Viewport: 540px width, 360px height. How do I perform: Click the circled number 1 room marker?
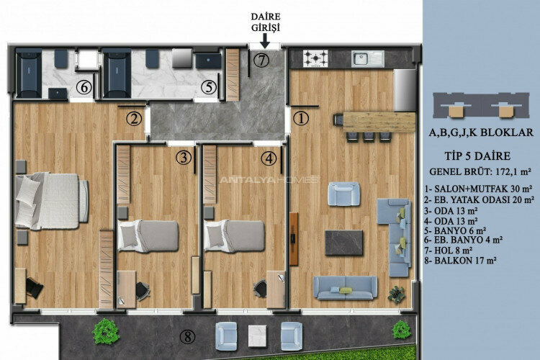pos(301,117)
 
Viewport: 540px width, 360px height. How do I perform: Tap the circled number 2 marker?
pos(132,119)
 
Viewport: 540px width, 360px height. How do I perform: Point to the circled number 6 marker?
pos(84,88)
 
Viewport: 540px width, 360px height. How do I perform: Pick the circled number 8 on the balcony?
pos(188,336)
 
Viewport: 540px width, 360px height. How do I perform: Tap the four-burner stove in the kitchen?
pos(315,58)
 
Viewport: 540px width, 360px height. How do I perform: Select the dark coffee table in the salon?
pos(343,242)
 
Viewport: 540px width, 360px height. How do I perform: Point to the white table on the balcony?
pos(258,334)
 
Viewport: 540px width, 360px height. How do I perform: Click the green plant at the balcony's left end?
pos(106,331)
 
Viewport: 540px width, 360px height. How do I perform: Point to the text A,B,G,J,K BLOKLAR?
pos(480,132)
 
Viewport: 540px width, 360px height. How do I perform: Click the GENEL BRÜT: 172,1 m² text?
pos(480,172)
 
